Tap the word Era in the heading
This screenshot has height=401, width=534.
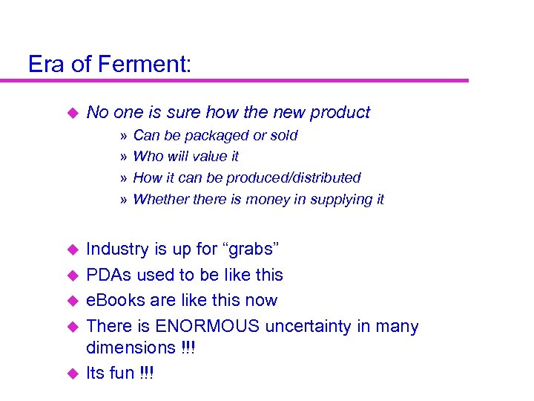pos(46,64)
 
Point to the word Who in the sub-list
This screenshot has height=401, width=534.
pos(148,157)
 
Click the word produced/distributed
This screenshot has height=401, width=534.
pos(300,178)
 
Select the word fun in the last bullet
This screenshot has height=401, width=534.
pos(122,373)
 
